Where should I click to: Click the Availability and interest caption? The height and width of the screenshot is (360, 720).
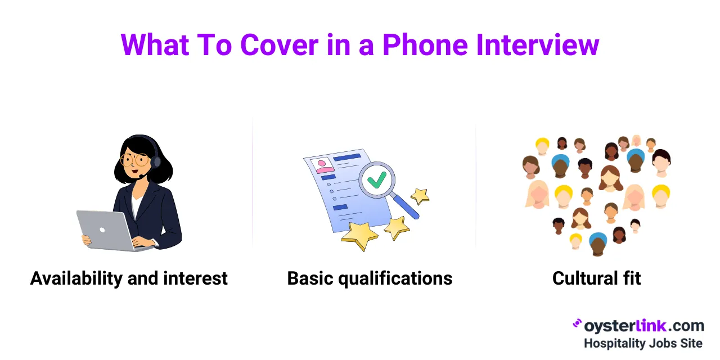pos(129,278)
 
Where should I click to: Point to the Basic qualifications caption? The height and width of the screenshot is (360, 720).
pos(370,278)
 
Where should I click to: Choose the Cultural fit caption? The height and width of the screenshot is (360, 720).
pos(596,278)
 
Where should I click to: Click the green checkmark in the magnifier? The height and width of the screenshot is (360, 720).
pos(376,180)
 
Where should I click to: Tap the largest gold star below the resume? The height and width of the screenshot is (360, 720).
pos(359,234)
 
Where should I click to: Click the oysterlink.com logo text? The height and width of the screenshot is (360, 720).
pos(643,326)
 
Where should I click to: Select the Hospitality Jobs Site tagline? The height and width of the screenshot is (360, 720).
pos(643,343)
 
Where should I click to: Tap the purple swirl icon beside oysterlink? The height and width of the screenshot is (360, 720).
pos(577,324)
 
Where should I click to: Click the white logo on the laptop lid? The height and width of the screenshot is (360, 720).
pos(103,230)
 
